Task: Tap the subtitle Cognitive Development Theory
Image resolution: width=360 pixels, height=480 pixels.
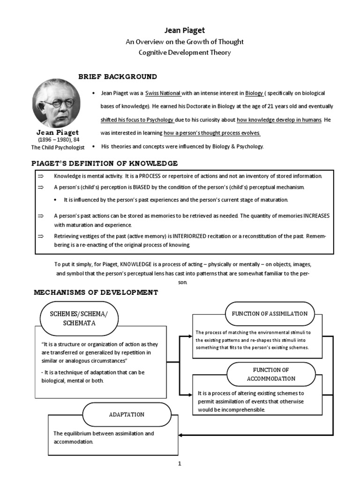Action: coord(184,52)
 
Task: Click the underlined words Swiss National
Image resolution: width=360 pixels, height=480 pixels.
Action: coord(163,93)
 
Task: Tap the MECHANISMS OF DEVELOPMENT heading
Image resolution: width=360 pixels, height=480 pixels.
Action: coord(96,292)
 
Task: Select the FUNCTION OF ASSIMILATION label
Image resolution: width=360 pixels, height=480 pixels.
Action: coord(267,314)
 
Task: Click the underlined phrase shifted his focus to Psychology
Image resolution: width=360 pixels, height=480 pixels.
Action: coord(137,120)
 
